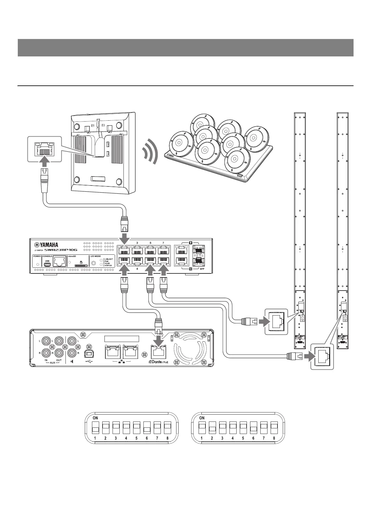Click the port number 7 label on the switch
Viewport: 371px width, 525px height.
click(163, 243)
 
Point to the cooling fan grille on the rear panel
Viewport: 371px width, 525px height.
click(190, 349)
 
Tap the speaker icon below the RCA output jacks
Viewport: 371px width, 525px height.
click(72, 362)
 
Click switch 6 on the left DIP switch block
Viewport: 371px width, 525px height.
click(147, 427)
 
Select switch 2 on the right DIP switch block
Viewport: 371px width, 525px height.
click(212, 427)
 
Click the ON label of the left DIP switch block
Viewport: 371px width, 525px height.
click(95, 418)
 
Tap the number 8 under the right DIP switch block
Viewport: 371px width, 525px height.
click(274, 438)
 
